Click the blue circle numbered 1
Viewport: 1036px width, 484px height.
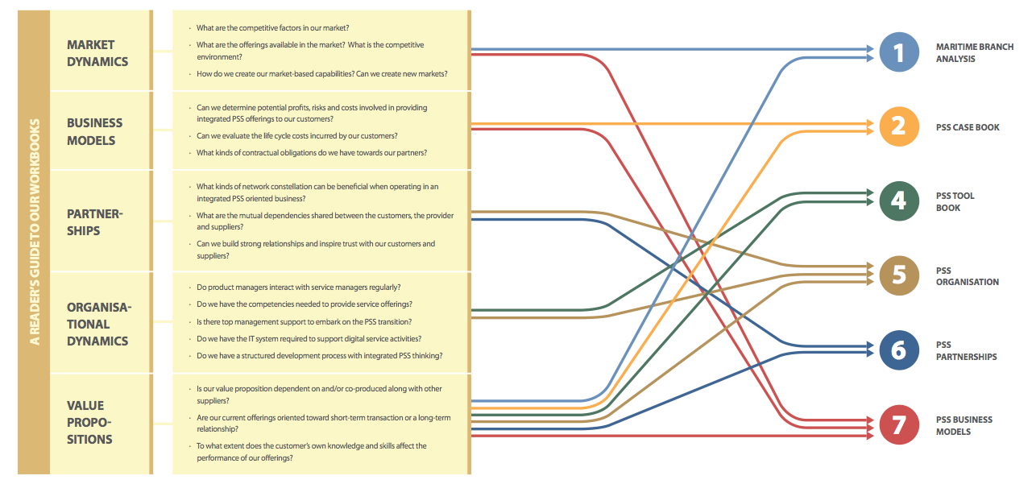click(x=899, y=52)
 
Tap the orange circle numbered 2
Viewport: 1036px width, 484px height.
click(x=899, y=126)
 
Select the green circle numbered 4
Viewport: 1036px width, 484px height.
click(x=899, y=201)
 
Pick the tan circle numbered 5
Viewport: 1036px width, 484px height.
click(x=899, y=275)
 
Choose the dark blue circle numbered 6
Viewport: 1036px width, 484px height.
click(x=899, y=350)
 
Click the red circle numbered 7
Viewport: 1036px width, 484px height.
click(x=899, y=425)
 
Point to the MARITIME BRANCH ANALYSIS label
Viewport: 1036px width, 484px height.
click(x=975, y=52)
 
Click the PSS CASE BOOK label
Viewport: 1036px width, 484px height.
click(x=968, y=127)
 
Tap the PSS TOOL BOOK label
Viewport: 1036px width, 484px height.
click(x=955, y=201)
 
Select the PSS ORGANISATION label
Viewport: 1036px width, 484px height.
click(x=967, y=276)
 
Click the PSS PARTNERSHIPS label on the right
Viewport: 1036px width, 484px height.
click(x=966, y=351)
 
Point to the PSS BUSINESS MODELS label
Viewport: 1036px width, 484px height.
click(x=963, y=425)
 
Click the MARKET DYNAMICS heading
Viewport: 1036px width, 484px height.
click(x=97, y=53)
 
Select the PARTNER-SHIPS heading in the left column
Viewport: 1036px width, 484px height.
click(x=95, y=222)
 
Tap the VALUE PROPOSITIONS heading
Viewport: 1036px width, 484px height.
click(x=89, y=422)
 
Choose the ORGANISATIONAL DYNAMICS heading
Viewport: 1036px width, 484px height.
click(x=99, y=324)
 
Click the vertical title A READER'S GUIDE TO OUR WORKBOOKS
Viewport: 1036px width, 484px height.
click(x=34, y=232)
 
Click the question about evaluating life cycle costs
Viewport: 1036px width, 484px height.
click(x=297, y=136)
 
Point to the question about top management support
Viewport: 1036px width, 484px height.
click(x=304, y=322)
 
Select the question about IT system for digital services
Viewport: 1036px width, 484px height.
click(x=309, y=339)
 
